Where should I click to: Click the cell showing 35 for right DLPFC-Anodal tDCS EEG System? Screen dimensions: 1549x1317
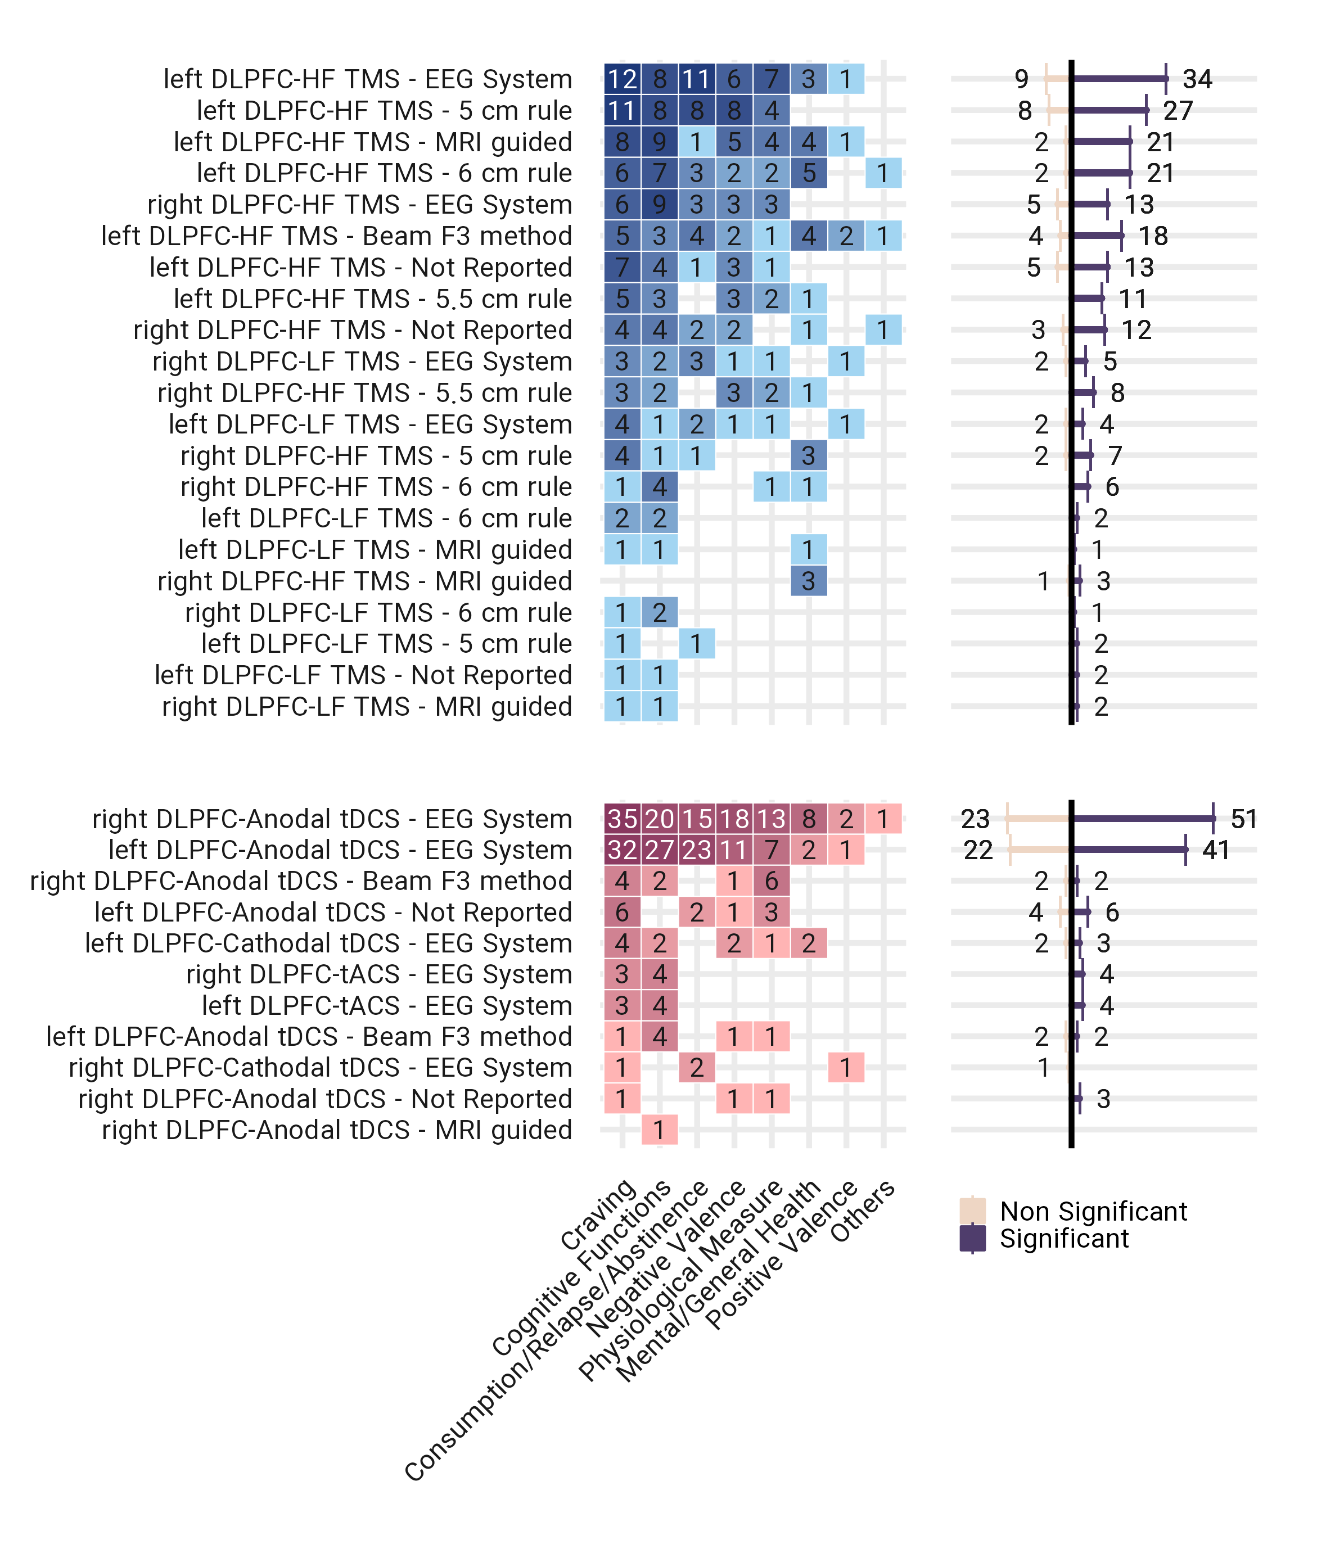622,819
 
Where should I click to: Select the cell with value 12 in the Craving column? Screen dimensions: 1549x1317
622,79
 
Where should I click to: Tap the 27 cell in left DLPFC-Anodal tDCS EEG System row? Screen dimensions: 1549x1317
659,850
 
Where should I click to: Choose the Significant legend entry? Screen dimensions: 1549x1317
1063,1239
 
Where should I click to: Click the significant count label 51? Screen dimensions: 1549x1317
1244,819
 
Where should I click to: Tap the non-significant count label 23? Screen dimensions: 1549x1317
975,819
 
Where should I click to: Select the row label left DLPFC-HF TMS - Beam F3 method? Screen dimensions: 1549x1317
337,236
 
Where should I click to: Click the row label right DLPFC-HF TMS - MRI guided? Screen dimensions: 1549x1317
364,581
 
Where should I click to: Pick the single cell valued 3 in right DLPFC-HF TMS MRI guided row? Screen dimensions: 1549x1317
809,581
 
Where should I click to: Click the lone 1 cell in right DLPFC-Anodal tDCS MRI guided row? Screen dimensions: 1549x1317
659,1130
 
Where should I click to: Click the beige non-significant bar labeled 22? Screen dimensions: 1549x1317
1039,850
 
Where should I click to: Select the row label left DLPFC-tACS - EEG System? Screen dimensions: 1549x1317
387,1005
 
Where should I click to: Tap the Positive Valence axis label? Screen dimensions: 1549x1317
782,1256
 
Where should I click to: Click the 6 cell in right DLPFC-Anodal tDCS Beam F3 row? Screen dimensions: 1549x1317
771,881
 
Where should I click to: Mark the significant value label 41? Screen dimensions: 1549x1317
1215,850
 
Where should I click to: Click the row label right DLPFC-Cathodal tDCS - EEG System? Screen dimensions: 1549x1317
321,1068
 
